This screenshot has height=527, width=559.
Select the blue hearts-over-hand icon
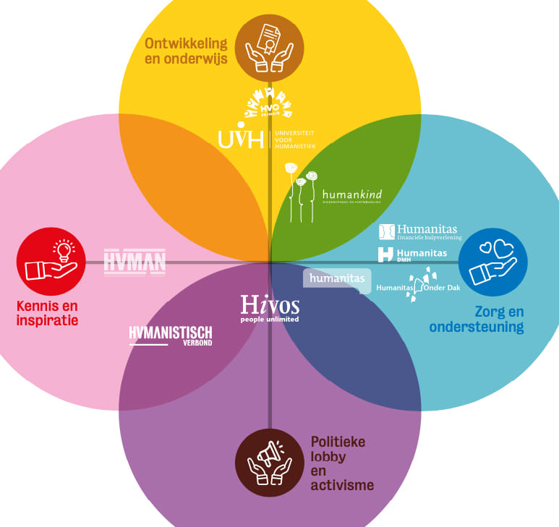click(x=493, y=262)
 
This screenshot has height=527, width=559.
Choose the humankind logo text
click(x=352, y=195)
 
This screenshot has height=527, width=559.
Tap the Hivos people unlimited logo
click(x=270, y=307)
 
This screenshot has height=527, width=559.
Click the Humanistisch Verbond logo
click(x=171, y=335)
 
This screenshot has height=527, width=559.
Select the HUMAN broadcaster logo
click(x=135, y=261)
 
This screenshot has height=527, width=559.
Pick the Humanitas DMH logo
click(x=413, y=254)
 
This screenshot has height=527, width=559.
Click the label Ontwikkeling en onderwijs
click(x=186, y=50)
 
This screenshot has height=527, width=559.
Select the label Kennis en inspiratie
click(x=47, y=313)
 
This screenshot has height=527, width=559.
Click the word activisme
click(x=342, y=485)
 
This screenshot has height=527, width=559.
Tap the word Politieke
click(x=338, y=442)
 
